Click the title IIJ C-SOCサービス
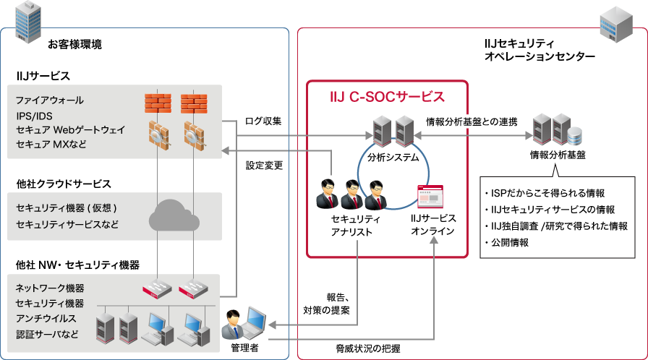tap(387, 96)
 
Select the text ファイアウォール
tap(50, 100)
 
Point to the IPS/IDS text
tap(35, 115)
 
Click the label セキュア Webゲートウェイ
tap(70, 129)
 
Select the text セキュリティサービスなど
tap(67, 225)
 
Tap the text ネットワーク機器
tap(50, 288)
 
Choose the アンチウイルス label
tap(46, 319)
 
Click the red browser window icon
tap(430, 197)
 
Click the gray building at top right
tap(615, 23)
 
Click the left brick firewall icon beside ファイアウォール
tap(158, 103)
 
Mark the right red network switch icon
tap(194, 289)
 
